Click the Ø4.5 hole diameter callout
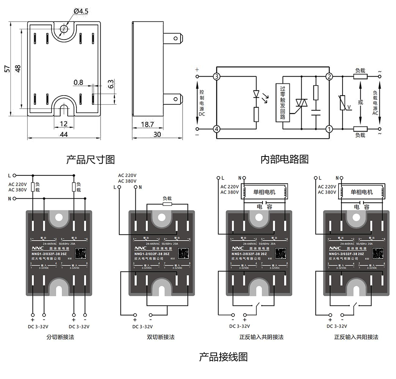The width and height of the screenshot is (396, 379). click(x=82, y=11)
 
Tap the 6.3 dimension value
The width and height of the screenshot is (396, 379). click(x=111, y=84)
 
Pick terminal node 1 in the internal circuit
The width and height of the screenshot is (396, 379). click(x=329, y=128)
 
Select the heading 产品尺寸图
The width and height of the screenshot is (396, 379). click(x=90, y=159)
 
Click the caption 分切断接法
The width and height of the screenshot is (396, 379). click(x=60, y=337)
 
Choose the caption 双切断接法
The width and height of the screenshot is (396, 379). click(x=160, y=337)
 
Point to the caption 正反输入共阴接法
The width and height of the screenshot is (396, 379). click(x=261, y=337)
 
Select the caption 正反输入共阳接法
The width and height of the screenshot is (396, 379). click(x=356, y=337)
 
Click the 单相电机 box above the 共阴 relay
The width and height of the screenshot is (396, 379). click(x=264, y=192)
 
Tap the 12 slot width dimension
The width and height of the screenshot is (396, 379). click(x=64, y=124)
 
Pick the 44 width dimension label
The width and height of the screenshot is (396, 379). click(x=64, y=134)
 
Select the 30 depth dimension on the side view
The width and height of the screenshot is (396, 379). click(x=157, y=134)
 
